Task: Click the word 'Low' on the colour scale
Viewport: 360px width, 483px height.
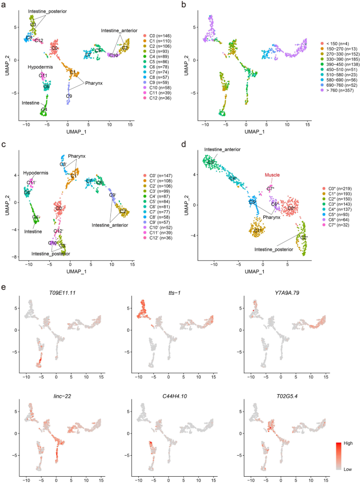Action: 348,467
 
